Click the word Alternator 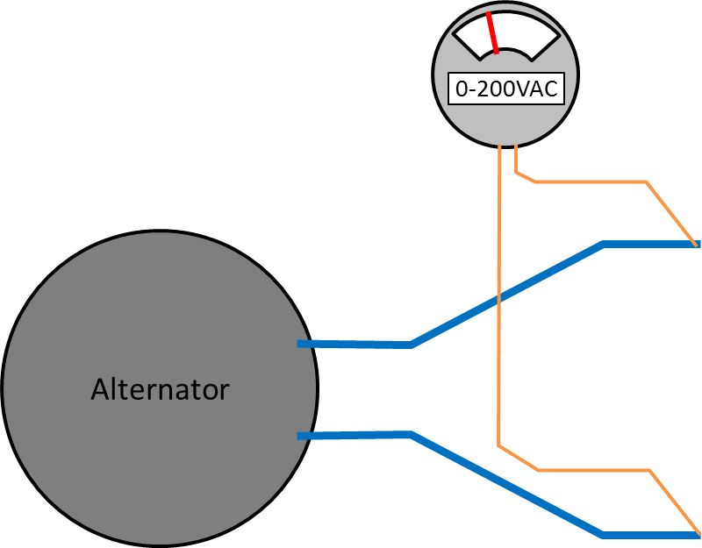[x=160, y=388]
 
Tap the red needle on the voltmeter [x=492, y=33]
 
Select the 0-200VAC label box [x=505, y=89]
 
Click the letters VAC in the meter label [x=535, y=89]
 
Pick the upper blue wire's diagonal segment [x=507, y=294]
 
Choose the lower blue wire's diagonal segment [x=507, y=484]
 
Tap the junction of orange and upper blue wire [x=695, y=244]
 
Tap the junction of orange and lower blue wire [x=696, y=534]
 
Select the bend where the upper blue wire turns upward [x=412, y=345]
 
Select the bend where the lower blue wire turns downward [x=412, y=435]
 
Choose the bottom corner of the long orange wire [x=499, y=446]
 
